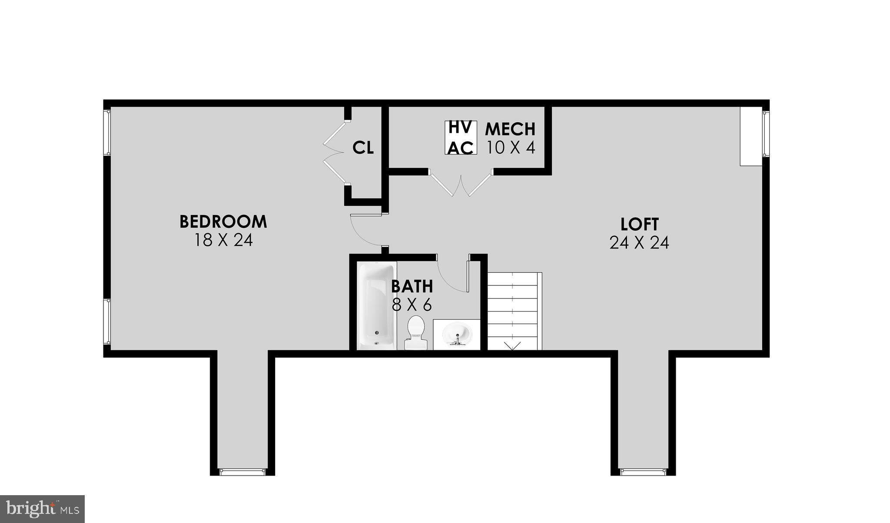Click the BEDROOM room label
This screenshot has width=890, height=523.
click(x=223, y=221)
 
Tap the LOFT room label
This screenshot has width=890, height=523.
click(x=639, y=225)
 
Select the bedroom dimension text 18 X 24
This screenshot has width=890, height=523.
click(x=223, y=240)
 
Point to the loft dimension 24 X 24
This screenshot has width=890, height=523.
click(x=639, y=243)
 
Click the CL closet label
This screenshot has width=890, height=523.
click(x=363, y=148)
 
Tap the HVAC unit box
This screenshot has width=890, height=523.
click(x=461, y=137)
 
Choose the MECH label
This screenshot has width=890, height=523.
click(x=510, y=129)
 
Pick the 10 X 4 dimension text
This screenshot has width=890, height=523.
click(x=511, y=148)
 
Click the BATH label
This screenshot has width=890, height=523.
click(x=412, y=286)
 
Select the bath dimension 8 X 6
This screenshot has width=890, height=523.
click(x=412, y=305)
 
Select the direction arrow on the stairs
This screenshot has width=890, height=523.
click(x=512, y=345)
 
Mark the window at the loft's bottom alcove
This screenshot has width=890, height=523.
click(x=643, y=471)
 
